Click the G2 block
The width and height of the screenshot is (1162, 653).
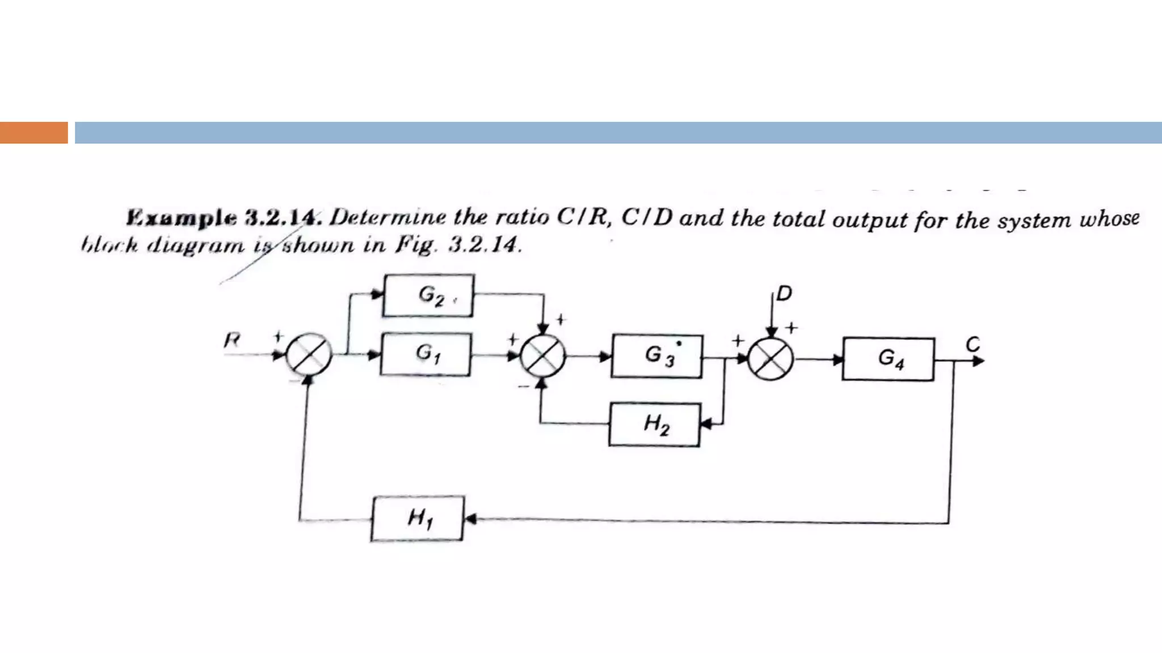click(428, 295)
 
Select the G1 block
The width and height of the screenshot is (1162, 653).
click(426, 354)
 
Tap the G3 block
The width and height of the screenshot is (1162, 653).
click(657, 357)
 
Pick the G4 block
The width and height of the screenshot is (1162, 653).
click(889, 359)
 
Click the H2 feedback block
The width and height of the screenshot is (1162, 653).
click(655, 425)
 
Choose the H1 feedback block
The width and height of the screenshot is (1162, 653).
click(417, 519)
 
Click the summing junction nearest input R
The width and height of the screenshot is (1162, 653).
click(309, 355)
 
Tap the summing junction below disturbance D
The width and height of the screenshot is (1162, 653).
click(771, 359)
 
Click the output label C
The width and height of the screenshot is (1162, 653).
click(972, 344)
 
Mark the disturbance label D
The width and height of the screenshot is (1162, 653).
click(784, 294)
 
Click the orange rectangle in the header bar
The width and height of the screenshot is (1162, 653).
click(33, 133)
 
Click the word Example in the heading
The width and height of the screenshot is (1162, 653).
click(182, 218)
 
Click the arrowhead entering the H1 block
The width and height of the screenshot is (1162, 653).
click(470, 518)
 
